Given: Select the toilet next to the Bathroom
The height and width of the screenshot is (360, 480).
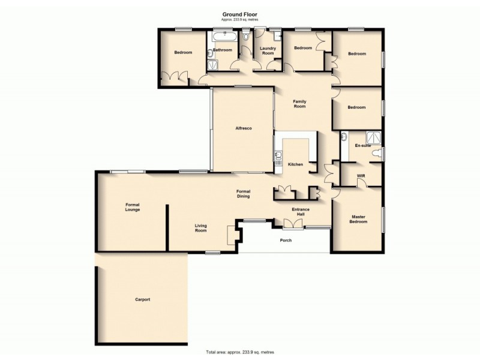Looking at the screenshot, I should [246, 37].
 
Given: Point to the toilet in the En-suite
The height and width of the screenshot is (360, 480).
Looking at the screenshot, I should [376, 155].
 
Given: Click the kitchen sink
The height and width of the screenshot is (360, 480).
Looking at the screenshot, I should [278, 158].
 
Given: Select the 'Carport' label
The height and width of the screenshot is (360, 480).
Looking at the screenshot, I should [142, 299].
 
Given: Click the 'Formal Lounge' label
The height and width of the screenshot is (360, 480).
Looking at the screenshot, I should [133, 207].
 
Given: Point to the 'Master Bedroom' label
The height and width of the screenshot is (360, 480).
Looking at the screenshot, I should [358, 219].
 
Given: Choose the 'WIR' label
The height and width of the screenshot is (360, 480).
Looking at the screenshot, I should [361, 176].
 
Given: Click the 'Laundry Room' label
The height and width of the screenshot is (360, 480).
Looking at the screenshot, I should [268, 50].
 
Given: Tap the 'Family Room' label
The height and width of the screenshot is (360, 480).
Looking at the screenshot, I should [299, 104].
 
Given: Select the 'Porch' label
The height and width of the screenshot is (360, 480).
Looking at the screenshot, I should [286, 241].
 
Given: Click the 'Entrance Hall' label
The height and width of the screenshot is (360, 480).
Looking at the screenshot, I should [300, 212].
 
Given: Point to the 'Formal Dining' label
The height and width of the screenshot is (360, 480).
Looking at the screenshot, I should [243, 194].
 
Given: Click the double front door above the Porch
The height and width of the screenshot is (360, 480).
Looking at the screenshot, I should [293, 224].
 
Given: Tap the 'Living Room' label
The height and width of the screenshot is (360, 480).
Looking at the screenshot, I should [200, 228].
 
